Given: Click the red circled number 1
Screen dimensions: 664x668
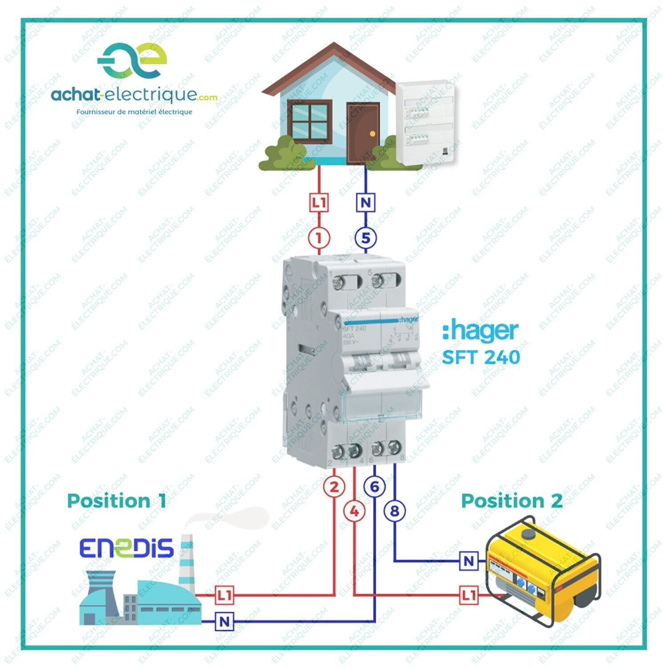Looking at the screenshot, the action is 319,238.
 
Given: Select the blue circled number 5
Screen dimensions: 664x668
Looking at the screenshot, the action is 366,238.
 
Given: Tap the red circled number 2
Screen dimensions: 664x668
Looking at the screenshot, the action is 334,487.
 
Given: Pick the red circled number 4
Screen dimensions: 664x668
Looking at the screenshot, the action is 354,511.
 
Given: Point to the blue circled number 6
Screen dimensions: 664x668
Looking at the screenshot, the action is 375,487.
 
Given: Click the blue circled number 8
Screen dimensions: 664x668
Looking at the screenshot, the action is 395,511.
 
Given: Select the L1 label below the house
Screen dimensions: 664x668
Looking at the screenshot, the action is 319,203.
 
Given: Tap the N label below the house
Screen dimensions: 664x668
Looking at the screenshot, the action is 366,203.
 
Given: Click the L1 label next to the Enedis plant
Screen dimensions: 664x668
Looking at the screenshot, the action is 224,595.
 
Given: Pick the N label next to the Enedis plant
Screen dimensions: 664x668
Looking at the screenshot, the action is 224,621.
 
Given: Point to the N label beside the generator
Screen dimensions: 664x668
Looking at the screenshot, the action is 468,561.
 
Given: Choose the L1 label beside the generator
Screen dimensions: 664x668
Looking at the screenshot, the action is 468,595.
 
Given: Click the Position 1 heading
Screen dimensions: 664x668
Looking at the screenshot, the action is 116,501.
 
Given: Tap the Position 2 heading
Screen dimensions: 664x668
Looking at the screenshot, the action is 512,501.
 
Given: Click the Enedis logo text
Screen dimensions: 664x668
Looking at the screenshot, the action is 126,548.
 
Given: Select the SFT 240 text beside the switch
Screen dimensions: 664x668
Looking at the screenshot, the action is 481,357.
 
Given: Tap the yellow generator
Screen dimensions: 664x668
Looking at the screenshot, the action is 543,570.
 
